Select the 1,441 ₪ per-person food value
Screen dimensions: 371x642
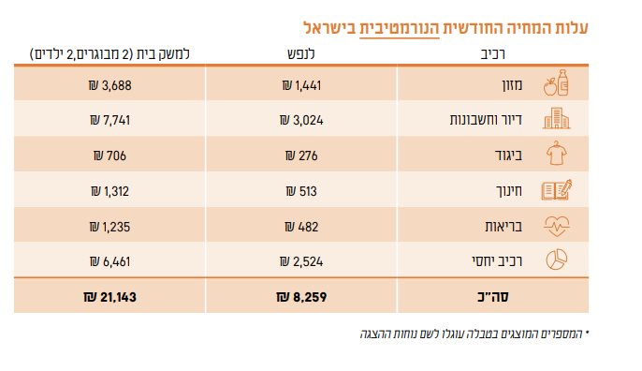tap(299, 86)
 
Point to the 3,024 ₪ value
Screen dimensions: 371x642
tap(299, 121)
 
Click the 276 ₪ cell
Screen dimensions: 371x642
tap(299, 156)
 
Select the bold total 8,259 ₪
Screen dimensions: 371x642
tap(299, 297)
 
